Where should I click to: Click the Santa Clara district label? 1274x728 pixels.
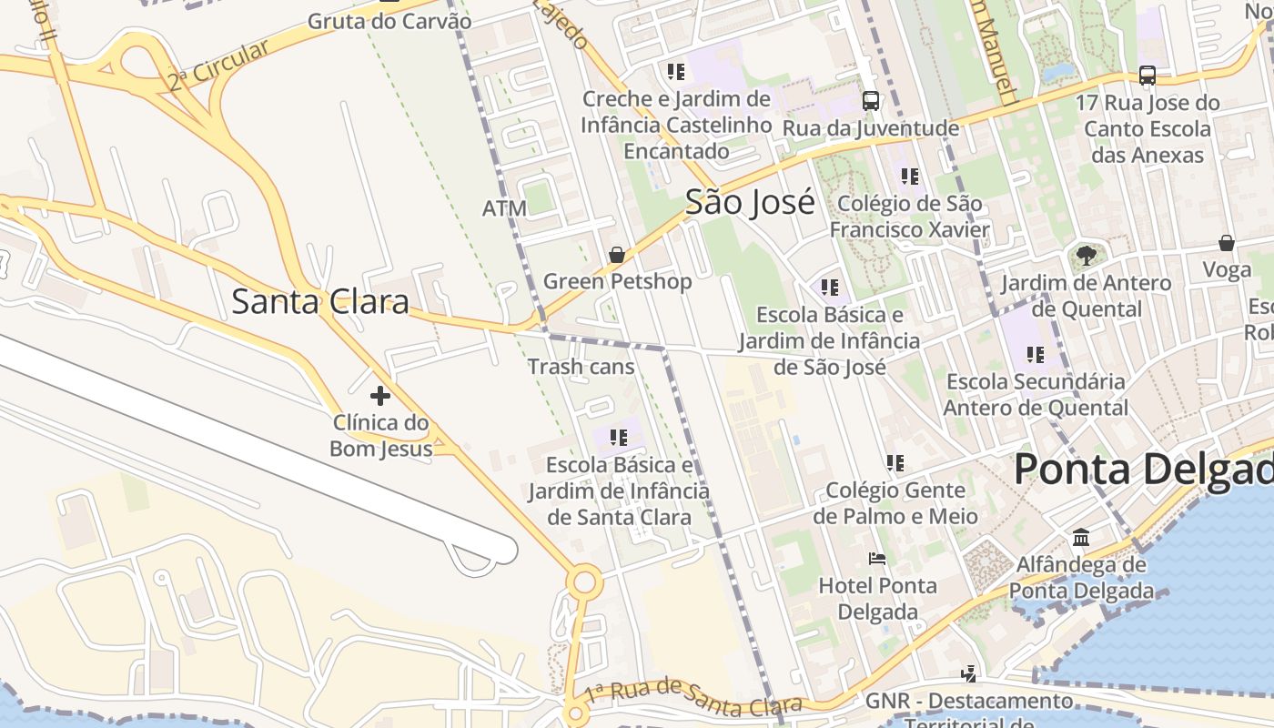point(320,301)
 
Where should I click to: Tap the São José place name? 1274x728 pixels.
point(750,202)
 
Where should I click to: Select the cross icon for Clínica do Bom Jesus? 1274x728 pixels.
point(380,396)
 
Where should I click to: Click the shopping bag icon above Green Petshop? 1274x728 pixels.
point(617,255)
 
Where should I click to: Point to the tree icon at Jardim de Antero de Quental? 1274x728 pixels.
point(1086,255)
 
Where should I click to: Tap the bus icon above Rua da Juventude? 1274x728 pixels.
point(871,101)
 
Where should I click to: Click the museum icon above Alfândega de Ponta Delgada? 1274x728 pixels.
point(1081,537)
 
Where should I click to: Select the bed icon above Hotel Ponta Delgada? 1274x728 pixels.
point(877,558)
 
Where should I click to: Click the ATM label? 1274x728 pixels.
point(504,208)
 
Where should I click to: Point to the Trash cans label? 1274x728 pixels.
point(581,367)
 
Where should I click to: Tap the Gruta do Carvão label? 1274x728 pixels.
point(389,21)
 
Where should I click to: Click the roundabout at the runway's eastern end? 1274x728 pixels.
point(583,581)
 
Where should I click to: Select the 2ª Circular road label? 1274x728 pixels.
point(218,66)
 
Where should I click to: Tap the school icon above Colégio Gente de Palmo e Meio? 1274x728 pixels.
point(895,463)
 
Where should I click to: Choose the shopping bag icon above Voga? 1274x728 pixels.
point(1227,243)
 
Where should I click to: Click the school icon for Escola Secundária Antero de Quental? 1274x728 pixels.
point(1035,354)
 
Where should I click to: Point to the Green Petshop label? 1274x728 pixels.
point(617,281)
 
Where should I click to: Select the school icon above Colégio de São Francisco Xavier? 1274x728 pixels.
point(909,177)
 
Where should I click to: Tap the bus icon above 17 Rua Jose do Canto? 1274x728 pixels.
point(1147,76)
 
